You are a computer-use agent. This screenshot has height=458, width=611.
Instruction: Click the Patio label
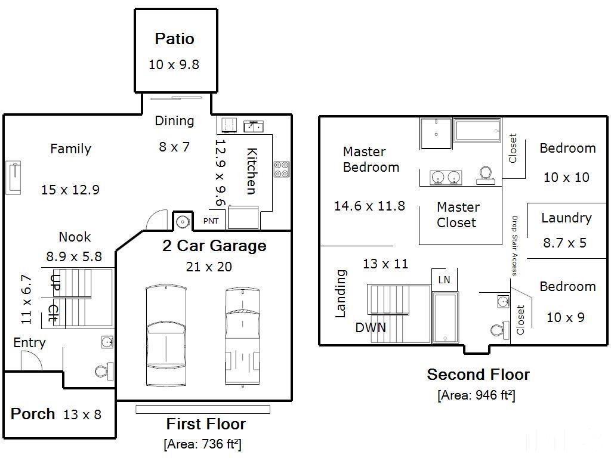click(x=174, y=39)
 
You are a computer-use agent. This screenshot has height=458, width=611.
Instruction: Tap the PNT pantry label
click(x=211, y=221)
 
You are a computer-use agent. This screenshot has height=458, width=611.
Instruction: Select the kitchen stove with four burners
click(x=281, y=169)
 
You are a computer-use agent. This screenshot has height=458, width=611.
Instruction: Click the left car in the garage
click(x=166, y=336)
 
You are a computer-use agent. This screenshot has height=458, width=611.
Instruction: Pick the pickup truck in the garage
click(x=242, y=337)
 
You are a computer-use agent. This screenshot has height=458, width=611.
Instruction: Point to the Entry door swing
click(x=31, y=361)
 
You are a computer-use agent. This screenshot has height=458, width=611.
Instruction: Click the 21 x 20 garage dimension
click(x=209, y=267)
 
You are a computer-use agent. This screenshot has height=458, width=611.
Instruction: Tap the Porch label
click(x=33, y=414)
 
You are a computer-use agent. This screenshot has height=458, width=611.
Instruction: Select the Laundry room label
click(x=566, y=218)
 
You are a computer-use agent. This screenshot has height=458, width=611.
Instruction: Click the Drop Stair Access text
click(x=514, y=246)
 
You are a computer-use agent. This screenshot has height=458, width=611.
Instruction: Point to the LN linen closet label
click(x=444, y=280)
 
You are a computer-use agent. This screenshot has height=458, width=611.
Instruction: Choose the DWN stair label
click(x=371, y=327)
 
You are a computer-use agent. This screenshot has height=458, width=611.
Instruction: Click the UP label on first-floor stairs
click(x=55, y=282)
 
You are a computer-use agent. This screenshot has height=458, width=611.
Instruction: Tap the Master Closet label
click(x=458, y=215)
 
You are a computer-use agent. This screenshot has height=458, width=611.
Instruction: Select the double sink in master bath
click(x=446, y=178)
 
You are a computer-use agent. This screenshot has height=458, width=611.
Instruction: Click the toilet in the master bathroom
click(x=486, y=175)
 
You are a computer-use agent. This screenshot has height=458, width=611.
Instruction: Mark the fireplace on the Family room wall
click(x=13, y=178)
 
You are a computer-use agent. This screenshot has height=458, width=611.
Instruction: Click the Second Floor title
click(x=478, y=375)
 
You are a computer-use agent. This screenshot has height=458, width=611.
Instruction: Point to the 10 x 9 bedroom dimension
click(x=566, y=317)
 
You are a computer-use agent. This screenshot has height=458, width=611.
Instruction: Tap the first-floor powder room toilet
click(x=104, y=371)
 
